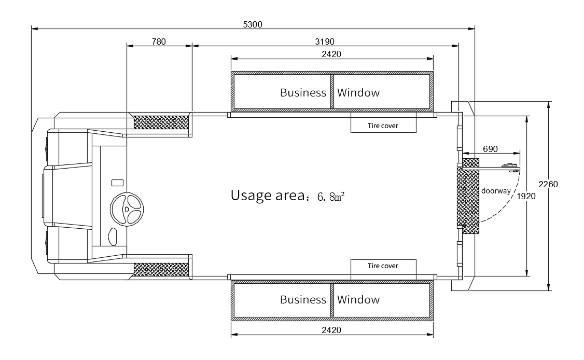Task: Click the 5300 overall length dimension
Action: coord(253,24)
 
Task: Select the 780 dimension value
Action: coord(159,41)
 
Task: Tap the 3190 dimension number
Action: coord(325,41)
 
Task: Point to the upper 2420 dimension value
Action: coord(331,54)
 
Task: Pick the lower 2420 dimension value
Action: coord(331,330)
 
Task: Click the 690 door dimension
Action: coord(490,149)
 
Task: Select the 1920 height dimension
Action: coord(526,197)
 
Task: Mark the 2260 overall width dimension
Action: coord(548,184)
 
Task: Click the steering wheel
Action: coord(127,209)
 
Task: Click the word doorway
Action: coord(496,191)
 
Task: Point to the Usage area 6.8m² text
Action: coord(287,195)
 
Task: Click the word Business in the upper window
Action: coord(303,92)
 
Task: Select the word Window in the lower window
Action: coord(358,300)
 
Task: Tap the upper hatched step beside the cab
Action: coord(161,122)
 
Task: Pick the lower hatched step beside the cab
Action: coord(161,269)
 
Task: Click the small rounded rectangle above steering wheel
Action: coord(118,183)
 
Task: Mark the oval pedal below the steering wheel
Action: coord(113,237)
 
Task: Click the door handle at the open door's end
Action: coord(509,165)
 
